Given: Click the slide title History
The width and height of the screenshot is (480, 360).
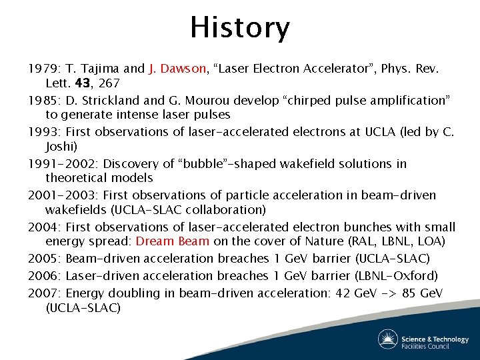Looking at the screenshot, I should coord(240,28).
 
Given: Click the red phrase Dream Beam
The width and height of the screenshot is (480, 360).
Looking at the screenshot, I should coord(172,241).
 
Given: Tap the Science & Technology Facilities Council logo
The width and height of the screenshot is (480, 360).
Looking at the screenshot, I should coord(423,341).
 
